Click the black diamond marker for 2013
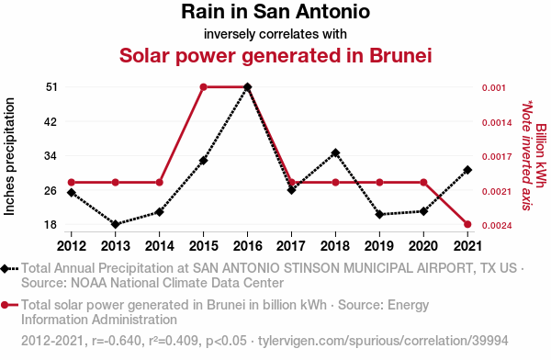[116, 224]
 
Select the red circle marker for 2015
[204, 87]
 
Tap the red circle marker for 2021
[467, 224]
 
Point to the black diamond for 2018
[335, 152]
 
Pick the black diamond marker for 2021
[467, 170]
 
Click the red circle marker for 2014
[159, 183]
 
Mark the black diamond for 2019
[379, 214]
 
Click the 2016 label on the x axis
[247, 246]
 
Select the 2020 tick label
[423, 246]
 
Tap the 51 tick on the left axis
[51, 87]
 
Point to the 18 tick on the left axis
[51, 224]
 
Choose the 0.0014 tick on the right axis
[497, 123]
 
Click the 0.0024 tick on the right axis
[497, 225]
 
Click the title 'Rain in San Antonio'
[275, 12]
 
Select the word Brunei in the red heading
[400, 55]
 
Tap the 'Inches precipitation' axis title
[9, 156]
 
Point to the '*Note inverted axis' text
[527, 155]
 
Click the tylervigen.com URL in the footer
[383, 341]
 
